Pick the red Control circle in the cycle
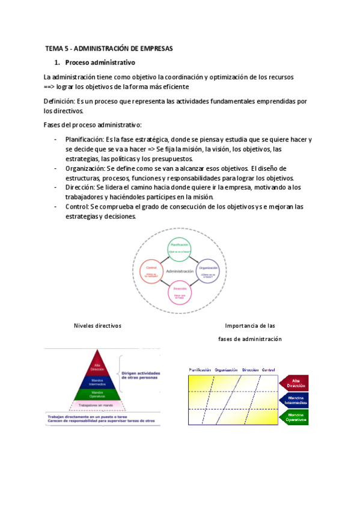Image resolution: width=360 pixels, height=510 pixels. coord(151,271)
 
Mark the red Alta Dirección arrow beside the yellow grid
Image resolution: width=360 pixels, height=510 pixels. coord(294,382)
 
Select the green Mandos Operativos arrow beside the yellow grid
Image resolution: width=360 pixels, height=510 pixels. coord(294,416)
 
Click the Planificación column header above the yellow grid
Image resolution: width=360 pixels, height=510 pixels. coord(200,369)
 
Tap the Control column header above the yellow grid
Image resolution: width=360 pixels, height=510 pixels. coord(269,369)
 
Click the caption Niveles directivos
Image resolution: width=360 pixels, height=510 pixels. coord(97,325)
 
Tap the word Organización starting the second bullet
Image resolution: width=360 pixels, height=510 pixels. coord(86,168)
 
